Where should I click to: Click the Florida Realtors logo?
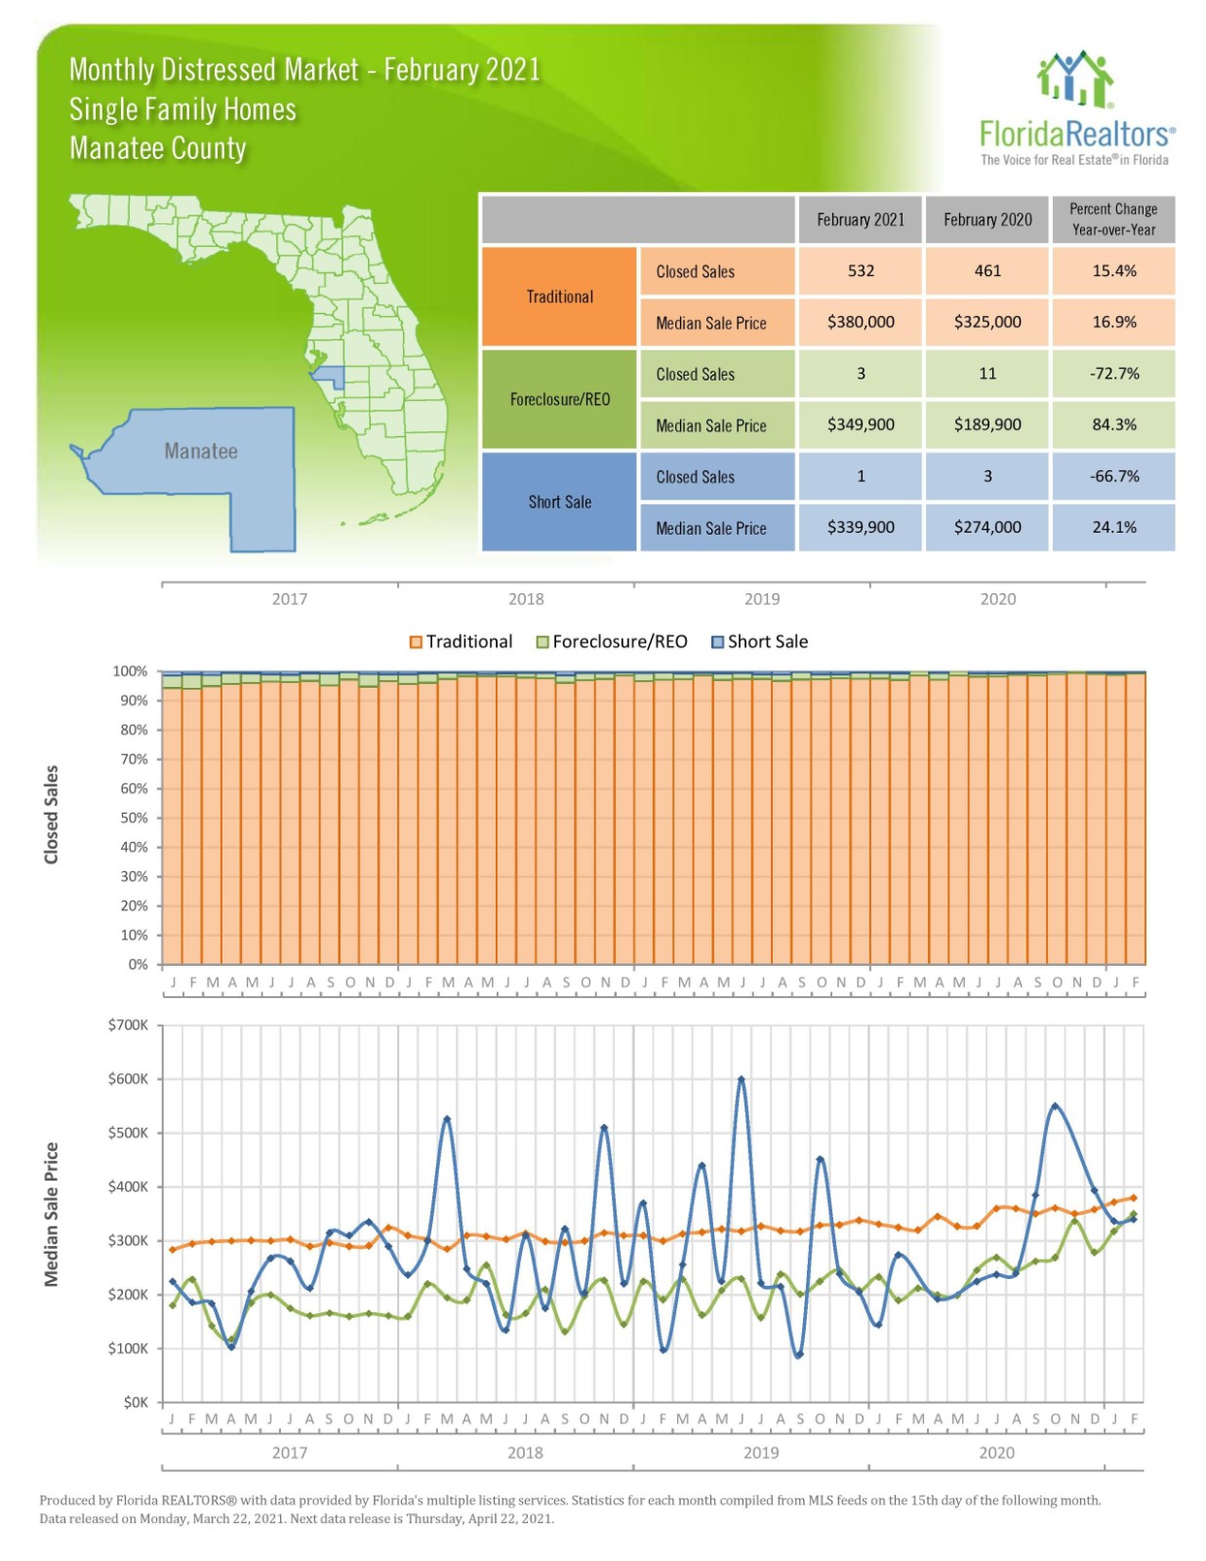point(1075,108)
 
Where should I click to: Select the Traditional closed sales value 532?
point(860,271)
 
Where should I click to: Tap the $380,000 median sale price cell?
point(860,322)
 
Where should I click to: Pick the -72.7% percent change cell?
point(1113,374)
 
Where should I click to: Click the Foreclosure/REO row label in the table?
point(559,399)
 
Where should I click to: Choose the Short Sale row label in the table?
point(559,501)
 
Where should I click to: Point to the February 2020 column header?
point(986,220)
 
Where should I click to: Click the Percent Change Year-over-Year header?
point(1113,220)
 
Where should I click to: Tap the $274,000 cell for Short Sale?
point(986,528)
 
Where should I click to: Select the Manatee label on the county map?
point(200,452)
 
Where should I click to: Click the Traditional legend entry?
point(461,642)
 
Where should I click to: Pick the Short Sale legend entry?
point(759,642)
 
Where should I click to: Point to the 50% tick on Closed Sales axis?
point(134,818)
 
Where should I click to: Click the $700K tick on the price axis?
point(129,1025)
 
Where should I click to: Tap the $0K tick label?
point(136,1402)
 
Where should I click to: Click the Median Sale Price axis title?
point(52,1214)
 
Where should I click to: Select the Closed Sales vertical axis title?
point(52,815)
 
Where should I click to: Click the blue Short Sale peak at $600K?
point(742,1079)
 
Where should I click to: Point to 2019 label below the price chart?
point(761,1453)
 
